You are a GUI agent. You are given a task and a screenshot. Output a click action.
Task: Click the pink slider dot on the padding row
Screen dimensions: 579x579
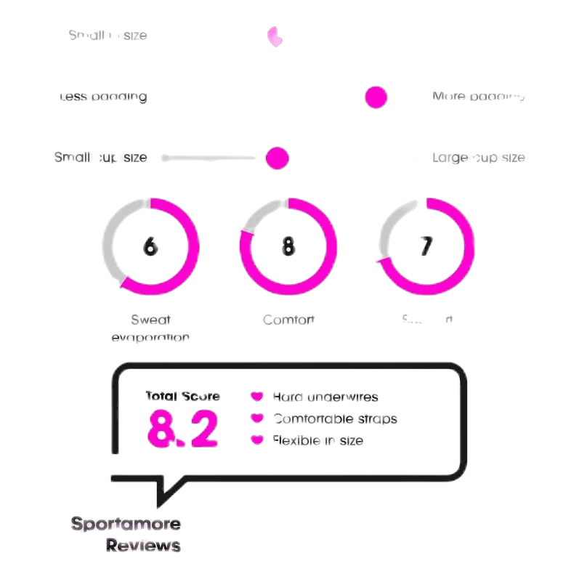(376, 97)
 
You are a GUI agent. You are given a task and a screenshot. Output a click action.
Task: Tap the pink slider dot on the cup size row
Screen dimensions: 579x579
(277, 158)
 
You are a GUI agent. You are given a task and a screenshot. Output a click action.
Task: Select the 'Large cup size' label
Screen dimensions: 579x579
(478, 158)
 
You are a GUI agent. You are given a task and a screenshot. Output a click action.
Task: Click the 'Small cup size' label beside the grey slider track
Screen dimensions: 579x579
(100, 158)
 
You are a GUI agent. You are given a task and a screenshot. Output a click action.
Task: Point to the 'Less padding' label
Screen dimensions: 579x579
(103, 97)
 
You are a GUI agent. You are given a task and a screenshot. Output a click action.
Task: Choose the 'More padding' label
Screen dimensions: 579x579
(478, 97)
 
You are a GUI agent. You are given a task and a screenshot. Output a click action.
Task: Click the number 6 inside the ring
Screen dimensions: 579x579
(150, 246)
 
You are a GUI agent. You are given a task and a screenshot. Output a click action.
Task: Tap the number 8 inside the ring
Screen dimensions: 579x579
(288, 246)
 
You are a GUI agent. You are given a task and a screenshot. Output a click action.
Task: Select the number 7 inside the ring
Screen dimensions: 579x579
(426, 246)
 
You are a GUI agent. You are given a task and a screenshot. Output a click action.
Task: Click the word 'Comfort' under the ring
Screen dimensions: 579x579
(288, 320)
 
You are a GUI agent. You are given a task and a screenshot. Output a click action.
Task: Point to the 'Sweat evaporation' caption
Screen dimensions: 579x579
(150, 328)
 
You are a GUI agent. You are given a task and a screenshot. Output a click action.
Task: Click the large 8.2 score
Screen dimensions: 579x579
(182, 429)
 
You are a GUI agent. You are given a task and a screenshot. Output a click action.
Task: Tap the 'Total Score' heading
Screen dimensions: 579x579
(182, 396)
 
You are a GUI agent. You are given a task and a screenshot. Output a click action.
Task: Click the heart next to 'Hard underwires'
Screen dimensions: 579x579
(256, 397)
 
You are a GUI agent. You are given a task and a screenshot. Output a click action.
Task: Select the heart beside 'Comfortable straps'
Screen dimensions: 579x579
(256, 418)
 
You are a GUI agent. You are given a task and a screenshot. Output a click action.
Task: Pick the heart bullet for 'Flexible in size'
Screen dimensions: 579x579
(256, 440)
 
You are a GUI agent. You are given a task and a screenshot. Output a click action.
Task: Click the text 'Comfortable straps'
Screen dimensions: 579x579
(335, 418)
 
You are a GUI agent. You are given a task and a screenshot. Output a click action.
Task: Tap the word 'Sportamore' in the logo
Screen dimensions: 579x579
(126, 524)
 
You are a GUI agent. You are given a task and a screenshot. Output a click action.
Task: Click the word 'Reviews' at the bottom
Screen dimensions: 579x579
(143, 546)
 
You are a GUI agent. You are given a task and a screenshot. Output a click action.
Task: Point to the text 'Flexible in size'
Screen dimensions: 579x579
(317, 440)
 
